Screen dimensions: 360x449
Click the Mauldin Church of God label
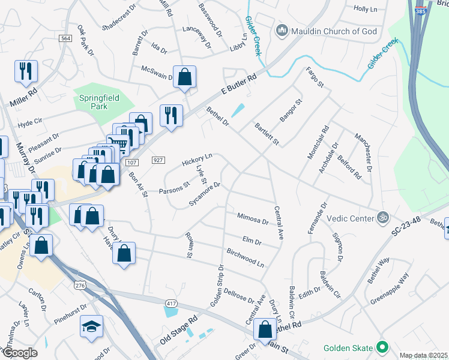325,30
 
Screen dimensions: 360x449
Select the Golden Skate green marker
381,347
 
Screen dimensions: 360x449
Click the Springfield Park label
97,101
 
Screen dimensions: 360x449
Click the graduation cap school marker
91,326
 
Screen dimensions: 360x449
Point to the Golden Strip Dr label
217,285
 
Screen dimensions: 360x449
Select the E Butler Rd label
238,85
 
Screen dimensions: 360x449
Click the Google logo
20,353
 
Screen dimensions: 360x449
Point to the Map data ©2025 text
423,355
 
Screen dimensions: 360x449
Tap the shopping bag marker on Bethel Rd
265,329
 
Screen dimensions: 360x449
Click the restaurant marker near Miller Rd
26,71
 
